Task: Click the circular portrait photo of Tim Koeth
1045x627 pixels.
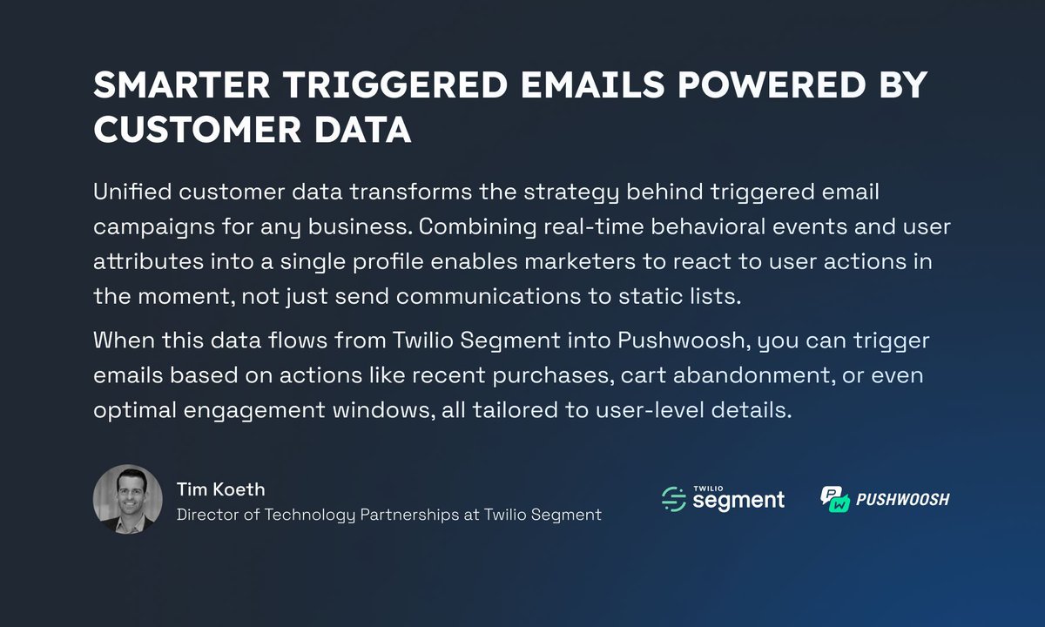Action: pyautogui.click(x=128, y=499)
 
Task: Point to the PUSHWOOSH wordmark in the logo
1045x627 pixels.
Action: pyautogui.click(x=904, y=499)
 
